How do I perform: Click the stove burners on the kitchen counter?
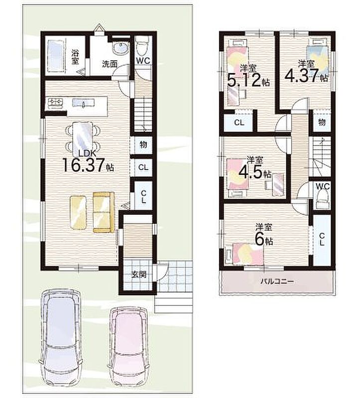tap(55, 103)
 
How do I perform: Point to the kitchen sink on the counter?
tap(83, 103)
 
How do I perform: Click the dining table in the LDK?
tap(83, 139)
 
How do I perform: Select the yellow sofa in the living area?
tap(104, 212)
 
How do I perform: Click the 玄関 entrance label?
tap(139, 275)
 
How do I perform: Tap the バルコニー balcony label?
tap(277, 281)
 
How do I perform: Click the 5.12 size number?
tap(244, 81)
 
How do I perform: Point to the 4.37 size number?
tap(301, 76)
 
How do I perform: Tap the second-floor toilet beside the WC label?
tap(322, 200)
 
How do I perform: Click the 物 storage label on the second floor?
tap(322, 122)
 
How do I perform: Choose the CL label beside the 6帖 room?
tap(322, 239)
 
